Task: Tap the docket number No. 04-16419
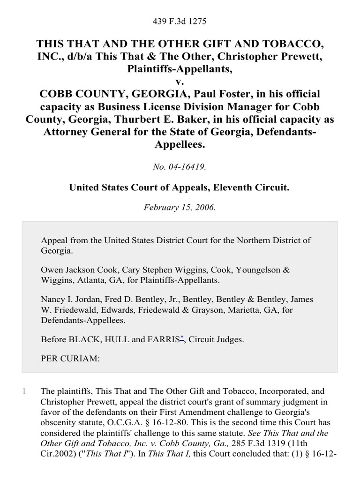[180, 165]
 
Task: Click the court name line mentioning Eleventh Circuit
[180, 187]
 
